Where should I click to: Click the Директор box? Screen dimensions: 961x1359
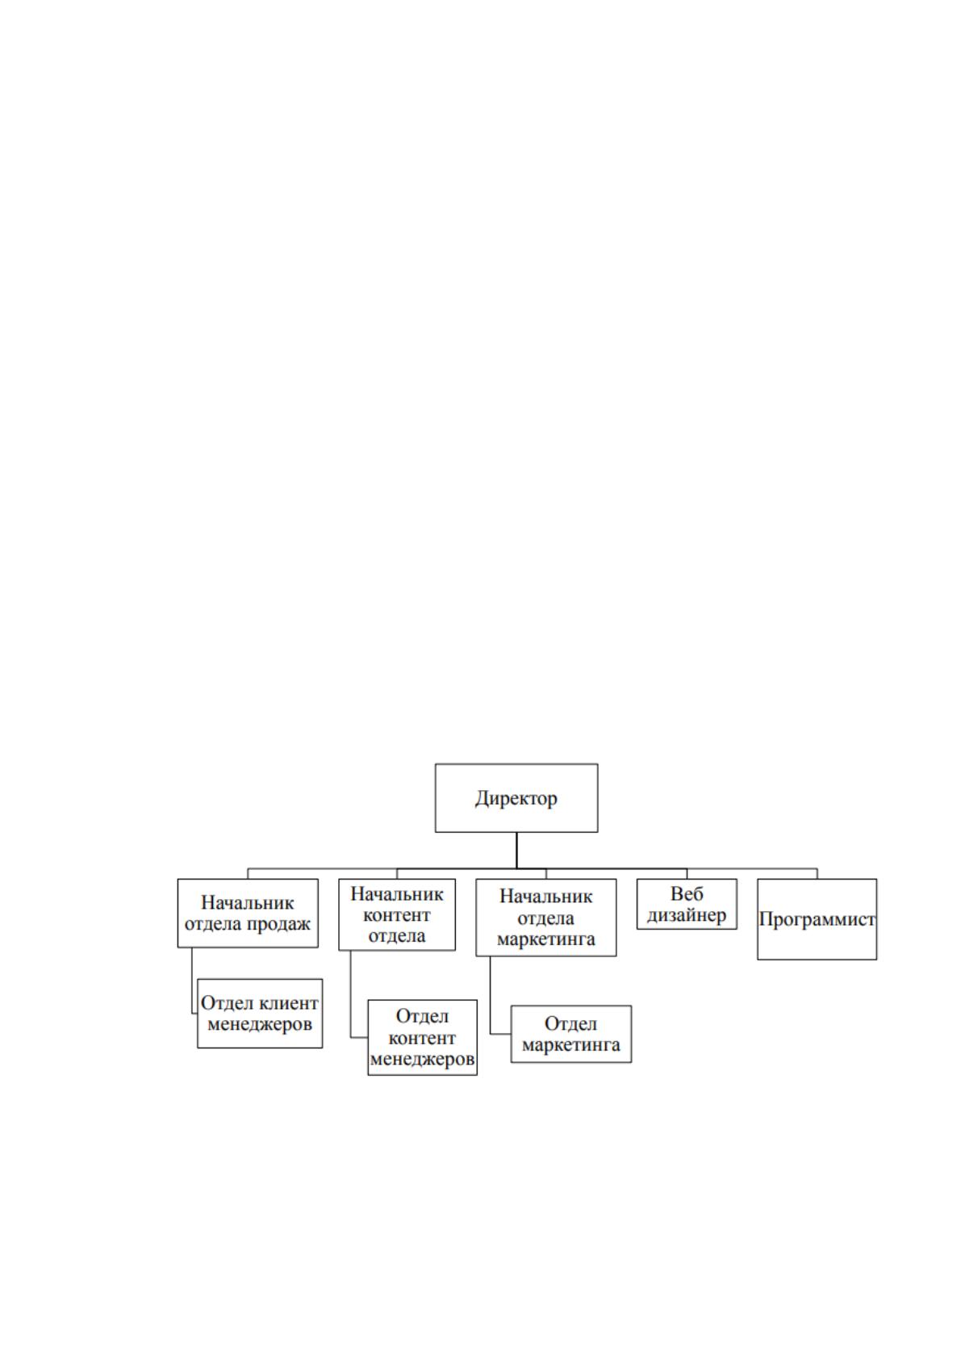[516, 798]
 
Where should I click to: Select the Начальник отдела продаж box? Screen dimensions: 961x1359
[248, 913]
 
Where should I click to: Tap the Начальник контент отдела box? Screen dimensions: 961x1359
[397, 914]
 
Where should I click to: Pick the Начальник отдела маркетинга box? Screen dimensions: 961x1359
[546, 918]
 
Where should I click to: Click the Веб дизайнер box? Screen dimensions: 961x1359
[687, 904]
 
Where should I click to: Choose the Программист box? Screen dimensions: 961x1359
[817, 919]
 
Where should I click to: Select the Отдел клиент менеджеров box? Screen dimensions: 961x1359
[260, 1013]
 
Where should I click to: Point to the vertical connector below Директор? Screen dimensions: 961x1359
[516, 851]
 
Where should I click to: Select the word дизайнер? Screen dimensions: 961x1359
[687, 915]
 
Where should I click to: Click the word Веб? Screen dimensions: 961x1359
[687, 893]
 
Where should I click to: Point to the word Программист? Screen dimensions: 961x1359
[817, 919]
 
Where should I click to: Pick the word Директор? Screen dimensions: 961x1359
[516, 798]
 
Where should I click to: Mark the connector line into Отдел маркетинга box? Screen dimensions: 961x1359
[491, 996]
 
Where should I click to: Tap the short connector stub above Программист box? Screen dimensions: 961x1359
[817, 874]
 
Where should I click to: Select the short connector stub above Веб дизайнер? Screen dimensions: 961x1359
[687, 874]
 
